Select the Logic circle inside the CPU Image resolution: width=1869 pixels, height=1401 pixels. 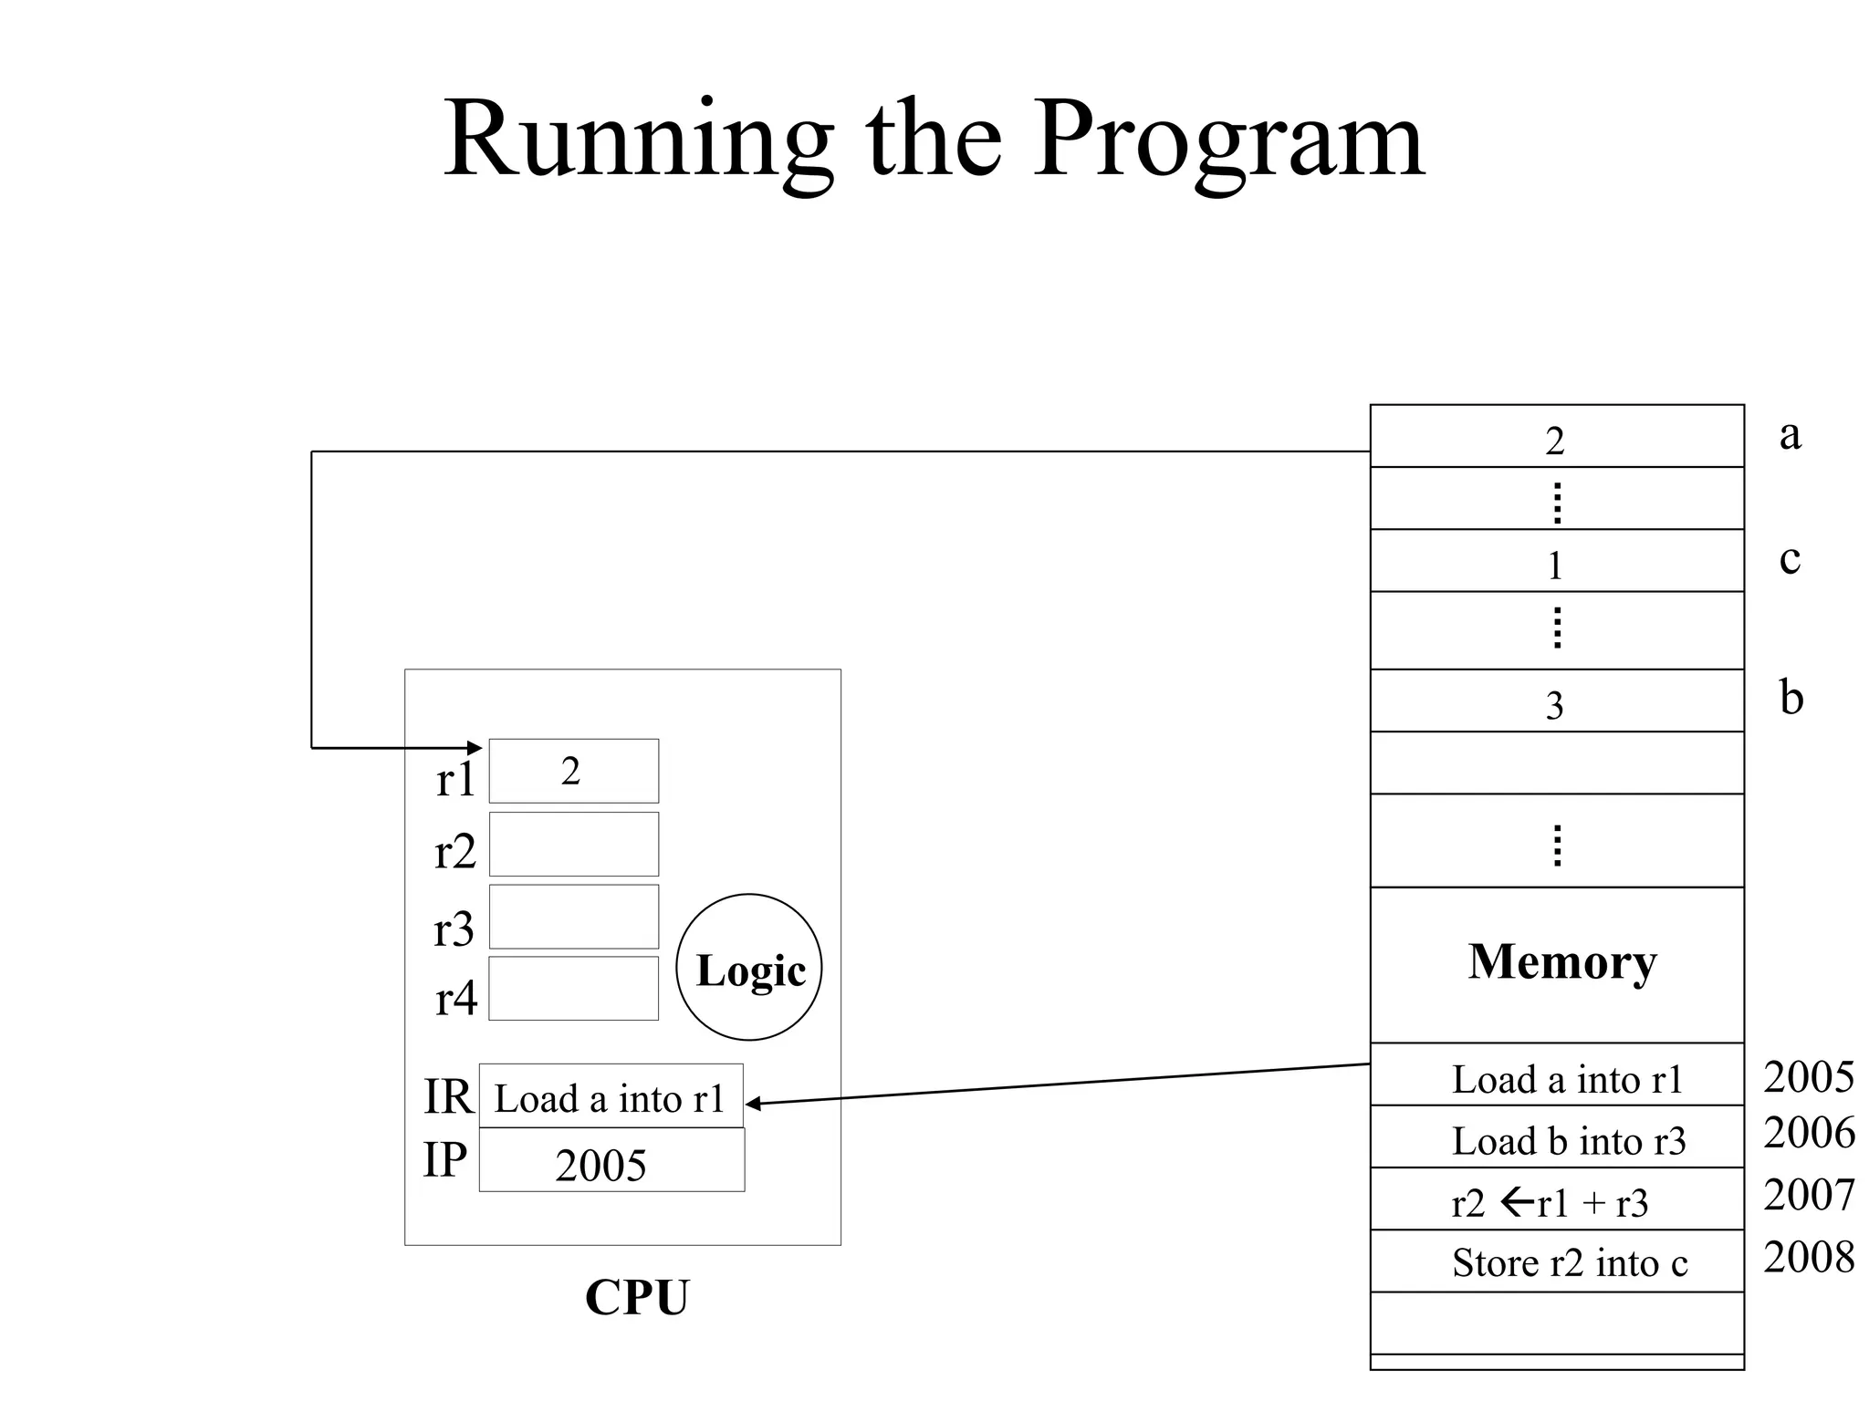(748, 967)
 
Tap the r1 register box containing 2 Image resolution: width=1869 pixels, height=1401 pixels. (573, 771)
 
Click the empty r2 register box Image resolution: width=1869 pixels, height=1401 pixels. (573, 844)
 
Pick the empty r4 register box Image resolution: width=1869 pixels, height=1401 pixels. (573, 988)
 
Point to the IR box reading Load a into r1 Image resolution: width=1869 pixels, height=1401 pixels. (610, 1096)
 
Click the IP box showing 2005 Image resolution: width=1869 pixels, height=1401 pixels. (611, 1160)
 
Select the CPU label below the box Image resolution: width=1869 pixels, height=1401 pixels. (637, 1296)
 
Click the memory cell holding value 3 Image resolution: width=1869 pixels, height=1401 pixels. (1556, 700)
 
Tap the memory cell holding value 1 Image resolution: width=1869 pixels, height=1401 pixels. (1556, 561)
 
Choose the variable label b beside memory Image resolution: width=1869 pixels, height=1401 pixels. (1791, 698)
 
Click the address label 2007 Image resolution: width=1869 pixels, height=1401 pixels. (1808, 1195)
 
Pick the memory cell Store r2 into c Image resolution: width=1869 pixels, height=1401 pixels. (1556, 1261)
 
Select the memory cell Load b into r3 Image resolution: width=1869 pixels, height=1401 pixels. (1556, 1137)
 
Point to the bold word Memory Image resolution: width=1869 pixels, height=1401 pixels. (1561, 961)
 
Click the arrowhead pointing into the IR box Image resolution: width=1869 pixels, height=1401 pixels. (753, 1104)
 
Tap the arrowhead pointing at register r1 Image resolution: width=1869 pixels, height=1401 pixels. (475, 748)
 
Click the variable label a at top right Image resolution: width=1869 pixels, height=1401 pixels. (1790, 434)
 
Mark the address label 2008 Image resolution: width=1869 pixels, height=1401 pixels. (1808, 1257)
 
